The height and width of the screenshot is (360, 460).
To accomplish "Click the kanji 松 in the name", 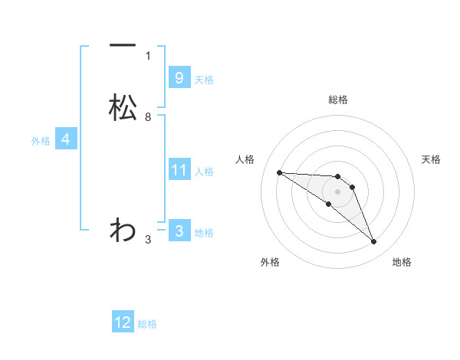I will tap(123, 107).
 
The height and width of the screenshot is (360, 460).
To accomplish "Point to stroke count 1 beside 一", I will tap(148, 56).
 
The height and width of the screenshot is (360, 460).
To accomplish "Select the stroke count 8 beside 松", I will tap(148, 117).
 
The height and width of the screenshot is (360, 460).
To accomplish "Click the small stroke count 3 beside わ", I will tap(148, 240).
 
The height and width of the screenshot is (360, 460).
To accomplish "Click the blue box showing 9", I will tap(179, 77).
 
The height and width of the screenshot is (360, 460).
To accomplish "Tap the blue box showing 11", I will tap(179, 169).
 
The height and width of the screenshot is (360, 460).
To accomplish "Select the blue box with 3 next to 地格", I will tap(179, 231).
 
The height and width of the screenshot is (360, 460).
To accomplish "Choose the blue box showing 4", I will tap(66, 139).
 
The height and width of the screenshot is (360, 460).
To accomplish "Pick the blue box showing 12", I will tap(123, 322).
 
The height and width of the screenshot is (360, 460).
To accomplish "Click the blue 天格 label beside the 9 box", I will tap(204, 80).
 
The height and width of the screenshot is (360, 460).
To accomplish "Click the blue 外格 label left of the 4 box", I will tap(41, 141).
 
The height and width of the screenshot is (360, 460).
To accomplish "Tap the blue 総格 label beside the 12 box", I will tap(147, 324).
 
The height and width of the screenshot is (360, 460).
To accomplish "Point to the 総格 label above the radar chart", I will tap(337, 100).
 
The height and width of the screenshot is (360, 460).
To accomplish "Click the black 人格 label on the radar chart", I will tap(245, 159).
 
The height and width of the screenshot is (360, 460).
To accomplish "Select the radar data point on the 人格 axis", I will tap(279, 172).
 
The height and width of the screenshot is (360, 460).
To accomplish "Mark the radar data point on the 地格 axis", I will tap(374, 242).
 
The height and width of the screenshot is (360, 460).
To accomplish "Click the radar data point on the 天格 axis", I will tap(352, 187).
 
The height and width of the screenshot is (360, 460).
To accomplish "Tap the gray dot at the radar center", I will tap(337, 191).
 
